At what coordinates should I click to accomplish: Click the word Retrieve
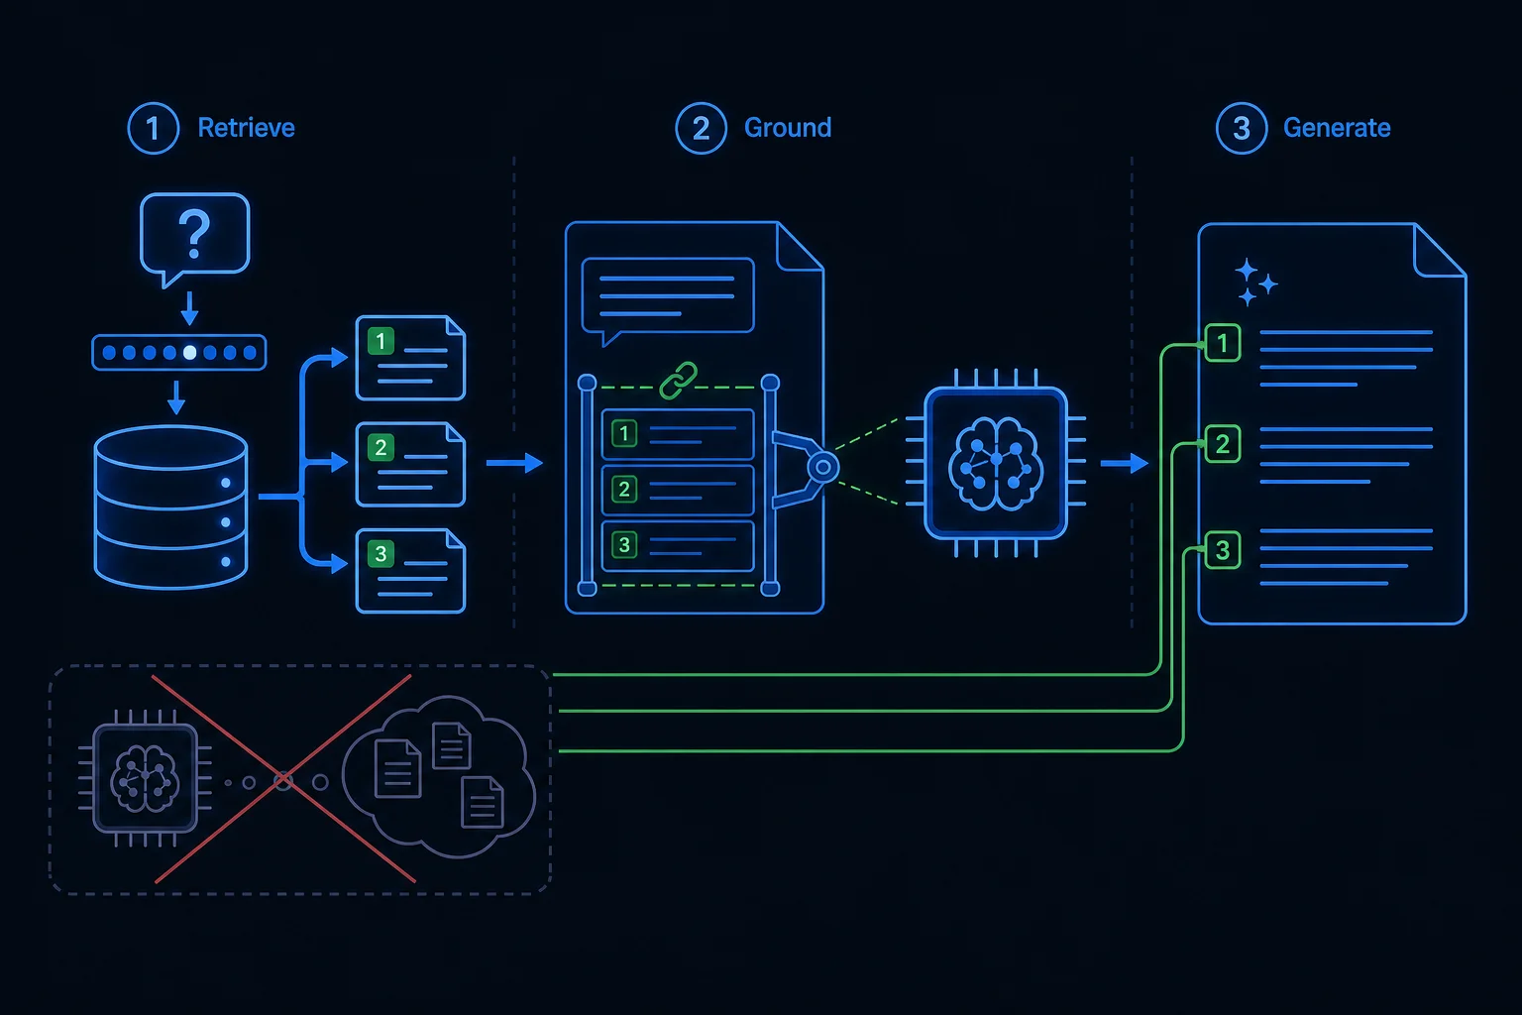click(246, 128)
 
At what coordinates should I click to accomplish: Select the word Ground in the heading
click(788, 128)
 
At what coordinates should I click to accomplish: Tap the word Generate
click(1337, 128)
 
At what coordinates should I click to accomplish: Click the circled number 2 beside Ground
click(701, 129)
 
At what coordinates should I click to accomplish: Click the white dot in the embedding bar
click(190, 352)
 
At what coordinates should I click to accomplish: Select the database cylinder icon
click(170, 507)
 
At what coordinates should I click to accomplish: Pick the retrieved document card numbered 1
click(410, 358)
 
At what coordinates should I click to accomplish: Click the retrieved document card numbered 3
click(410, 571)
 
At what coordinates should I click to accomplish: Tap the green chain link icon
click(678, 380)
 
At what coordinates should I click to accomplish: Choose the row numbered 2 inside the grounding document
click(678, 490)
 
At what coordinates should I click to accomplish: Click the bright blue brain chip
click(996, 463)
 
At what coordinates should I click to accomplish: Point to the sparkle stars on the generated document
click(1255, 282)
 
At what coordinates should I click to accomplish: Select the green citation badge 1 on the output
click(1223, 343)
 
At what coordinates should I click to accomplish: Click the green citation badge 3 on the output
click(1223, 550)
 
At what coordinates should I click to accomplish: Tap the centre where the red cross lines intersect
click(283, 780)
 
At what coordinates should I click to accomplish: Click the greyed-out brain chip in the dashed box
click(145, 778)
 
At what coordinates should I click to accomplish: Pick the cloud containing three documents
click(439, 776)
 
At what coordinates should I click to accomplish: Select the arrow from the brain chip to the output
click(1125, 463)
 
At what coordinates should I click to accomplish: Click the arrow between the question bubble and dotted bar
click(189, 309)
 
